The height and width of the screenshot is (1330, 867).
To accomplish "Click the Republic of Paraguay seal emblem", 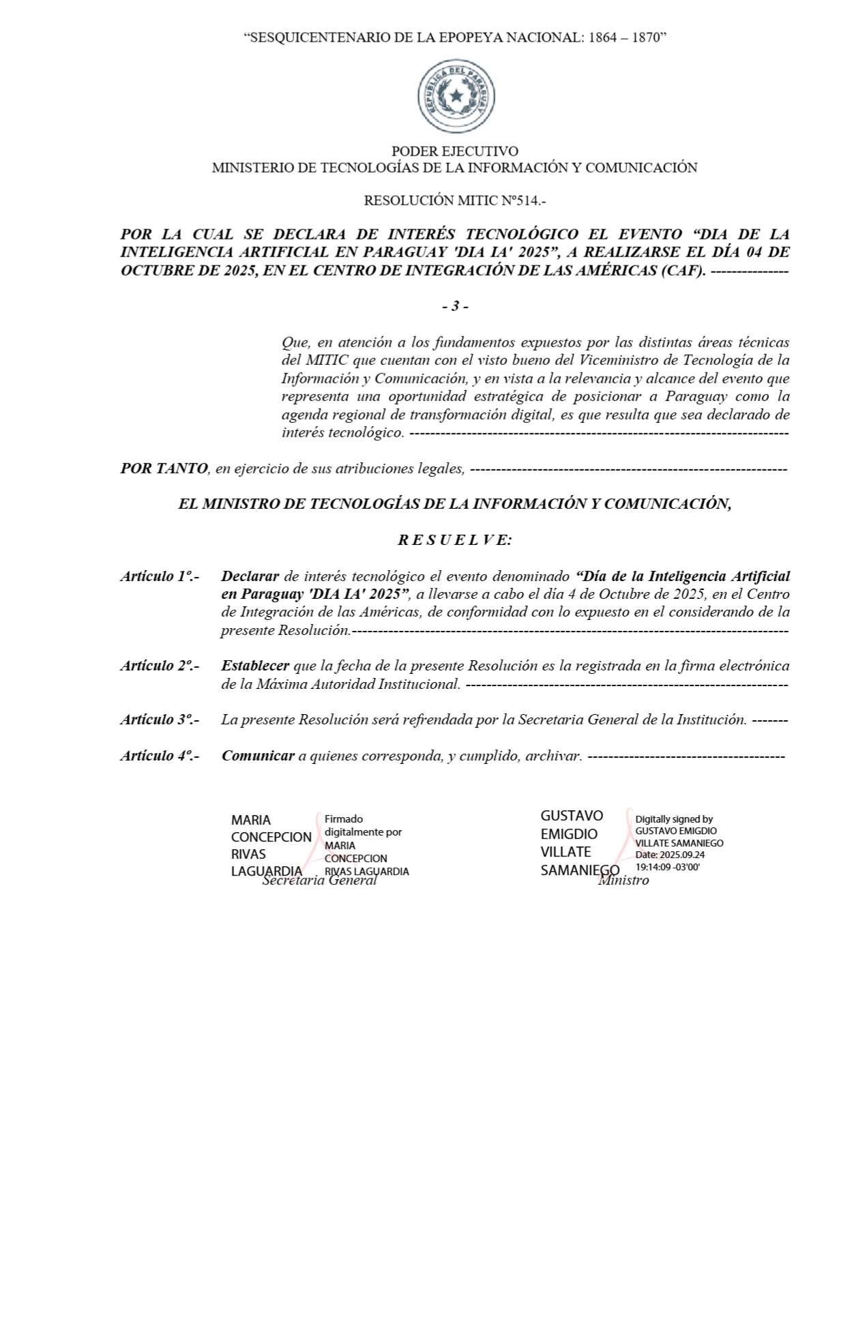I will point(455,97).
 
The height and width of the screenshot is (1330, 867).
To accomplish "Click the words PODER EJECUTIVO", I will point(454,151).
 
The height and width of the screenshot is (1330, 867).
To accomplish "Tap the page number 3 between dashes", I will point(455,306).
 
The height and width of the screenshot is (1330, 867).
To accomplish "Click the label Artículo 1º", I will point(159,576).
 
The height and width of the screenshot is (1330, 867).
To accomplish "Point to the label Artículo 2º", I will point(159,666).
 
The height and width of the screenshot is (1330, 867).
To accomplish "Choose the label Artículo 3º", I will point(159,720).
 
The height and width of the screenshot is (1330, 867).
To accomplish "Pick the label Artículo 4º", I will point(159,756).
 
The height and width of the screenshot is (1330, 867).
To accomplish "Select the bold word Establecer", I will point(255,666).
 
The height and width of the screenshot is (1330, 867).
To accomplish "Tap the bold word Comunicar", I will point(258,756).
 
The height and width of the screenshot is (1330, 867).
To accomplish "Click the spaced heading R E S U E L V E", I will point(454,540).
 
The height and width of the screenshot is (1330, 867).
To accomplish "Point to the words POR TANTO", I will point(164,469).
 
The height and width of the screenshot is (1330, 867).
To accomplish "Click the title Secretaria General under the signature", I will point(320,881).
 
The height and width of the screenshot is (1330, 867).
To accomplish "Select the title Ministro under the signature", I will point(623,881).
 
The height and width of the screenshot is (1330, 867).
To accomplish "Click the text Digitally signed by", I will point(674,819).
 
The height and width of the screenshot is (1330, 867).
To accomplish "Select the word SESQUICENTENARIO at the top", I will point(320,38).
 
